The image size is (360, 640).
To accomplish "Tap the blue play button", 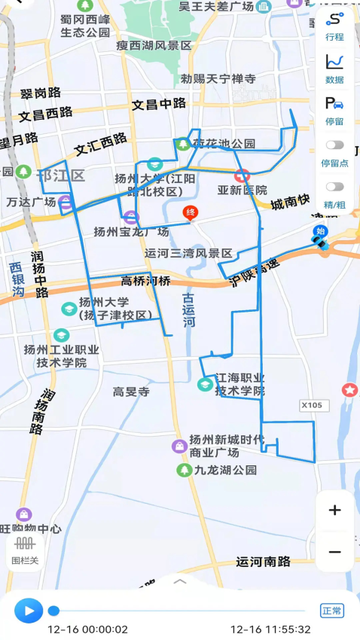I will click(x=29, y=609).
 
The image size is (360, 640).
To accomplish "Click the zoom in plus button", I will click(x=334, y=510).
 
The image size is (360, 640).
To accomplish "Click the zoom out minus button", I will click(x=334, y=552).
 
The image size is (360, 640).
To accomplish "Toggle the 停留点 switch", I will click(x=334, y=145).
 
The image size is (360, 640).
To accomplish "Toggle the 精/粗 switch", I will click(x=334, y=187).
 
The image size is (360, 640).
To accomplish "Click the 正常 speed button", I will click(x=331, y=610).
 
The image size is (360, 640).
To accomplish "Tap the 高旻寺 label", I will click(x=131, y=392).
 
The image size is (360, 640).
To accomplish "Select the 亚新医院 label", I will click(x=243, y=190).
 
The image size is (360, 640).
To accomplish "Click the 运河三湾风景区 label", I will click(x=189, y=253).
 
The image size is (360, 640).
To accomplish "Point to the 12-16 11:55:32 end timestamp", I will click(x=270, y=629).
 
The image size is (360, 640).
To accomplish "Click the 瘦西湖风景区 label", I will click(x=154, y=46).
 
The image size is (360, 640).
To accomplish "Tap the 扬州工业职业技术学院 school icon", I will click(x=61, y=335).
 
